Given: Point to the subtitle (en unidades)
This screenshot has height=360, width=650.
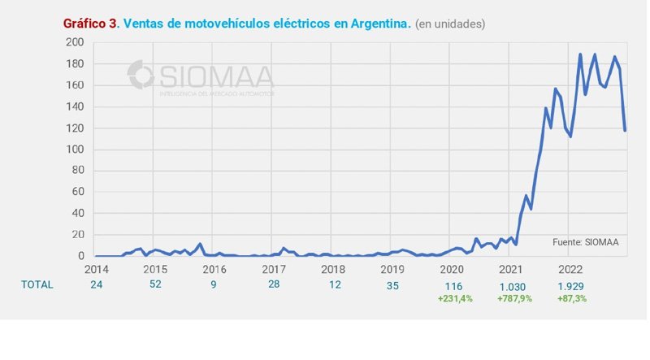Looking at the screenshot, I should pyautogui.click(x=450, y=24).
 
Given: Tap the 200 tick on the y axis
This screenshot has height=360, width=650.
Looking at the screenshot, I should pyautogui.click(x=76, y=42).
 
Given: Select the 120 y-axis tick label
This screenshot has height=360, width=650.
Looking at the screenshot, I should pyautogui.click(x=76, y=128).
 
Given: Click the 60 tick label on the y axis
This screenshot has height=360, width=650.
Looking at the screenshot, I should pyautogui.click(x=78, y=192).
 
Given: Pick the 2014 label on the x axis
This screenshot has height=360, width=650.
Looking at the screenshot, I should pyautogui.click(x=96, y=268).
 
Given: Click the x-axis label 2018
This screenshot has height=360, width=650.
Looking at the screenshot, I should pyautogui.click(x=332, y=268).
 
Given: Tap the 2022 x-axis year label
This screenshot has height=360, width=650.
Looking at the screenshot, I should pyautogui.click(x=570, y=268).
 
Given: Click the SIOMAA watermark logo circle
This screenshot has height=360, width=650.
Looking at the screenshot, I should pyautogui.click(x=141, y=75).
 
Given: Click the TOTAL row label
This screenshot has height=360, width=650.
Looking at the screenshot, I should pyautogui.click(x=37, y=284).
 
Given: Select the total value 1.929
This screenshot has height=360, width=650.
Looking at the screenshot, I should pyautogui.click(x=570, y=285).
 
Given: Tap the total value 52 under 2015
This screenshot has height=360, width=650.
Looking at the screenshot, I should pyautogui.click(x=155, y=285).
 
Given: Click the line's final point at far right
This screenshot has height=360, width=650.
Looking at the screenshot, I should pyautogui.click(x=625, y=130).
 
